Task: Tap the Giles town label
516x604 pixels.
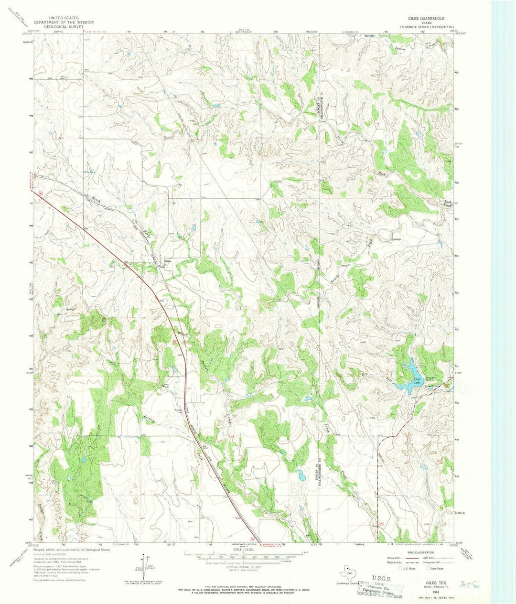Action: point(168,261)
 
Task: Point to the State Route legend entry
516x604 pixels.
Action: point(434,569)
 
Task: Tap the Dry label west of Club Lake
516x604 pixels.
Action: point(367,374)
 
